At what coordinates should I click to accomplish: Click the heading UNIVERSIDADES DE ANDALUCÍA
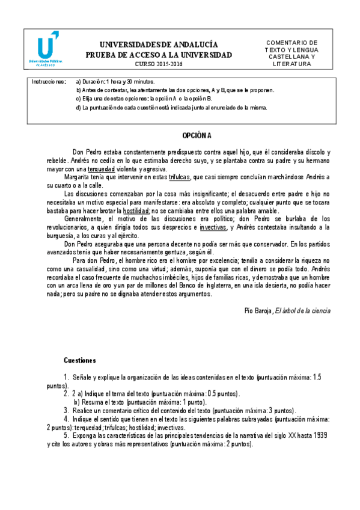[158, 45]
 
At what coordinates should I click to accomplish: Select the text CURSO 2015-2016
[158, 64]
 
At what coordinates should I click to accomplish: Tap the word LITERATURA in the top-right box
[291, 63]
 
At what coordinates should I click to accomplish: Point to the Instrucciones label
[49, 81]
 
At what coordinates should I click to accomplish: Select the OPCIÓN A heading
[197, 136]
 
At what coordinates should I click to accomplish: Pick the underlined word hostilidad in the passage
[137, 211]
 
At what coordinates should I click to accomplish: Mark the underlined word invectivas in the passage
[213, 228]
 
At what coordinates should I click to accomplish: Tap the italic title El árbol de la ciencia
[302, 310]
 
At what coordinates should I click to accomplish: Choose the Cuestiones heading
[80, 361]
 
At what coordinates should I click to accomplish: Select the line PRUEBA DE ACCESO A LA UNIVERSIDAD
[158, 54]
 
